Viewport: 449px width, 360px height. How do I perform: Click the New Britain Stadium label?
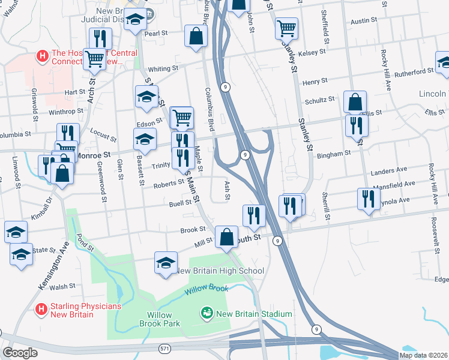[x=254, y=314]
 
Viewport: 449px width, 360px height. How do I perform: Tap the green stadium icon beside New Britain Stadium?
[x=206, y=313]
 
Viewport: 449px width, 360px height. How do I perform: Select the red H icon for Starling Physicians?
[x=41, y=310]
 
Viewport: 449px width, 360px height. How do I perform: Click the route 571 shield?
[x=165, y=348]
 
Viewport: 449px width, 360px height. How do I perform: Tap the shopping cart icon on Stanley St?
[x=286, y=28]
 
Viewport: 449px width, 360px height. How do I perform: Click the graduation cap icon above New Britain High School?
[x=166, y=262]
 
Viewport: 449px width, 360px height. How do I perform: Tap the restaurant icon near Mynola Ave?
[x=367, y=197]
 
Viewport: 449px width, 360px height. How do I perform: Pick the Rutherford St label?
[x=414, y=71]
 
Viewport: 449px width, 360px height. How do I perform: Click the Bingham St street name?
[x=335, y=154]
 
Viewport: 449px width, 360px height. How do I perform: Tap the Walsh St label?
[x=62, y=287]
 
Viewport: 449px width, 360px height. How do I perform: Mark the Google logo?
[x=20, y=353]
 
